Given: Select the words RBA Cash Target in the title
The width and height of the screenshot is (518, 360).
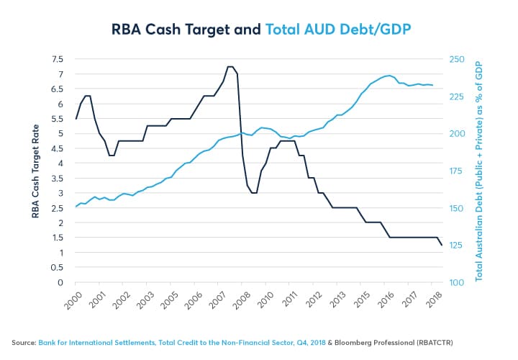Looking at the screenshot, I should coord(171,30).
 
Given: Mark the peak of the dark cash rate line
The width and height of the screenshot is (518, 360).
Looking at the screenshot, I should coord(230,67).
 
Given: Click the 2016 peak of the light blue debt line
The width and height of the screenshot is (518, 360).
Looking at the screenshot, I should coord(388,75).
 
